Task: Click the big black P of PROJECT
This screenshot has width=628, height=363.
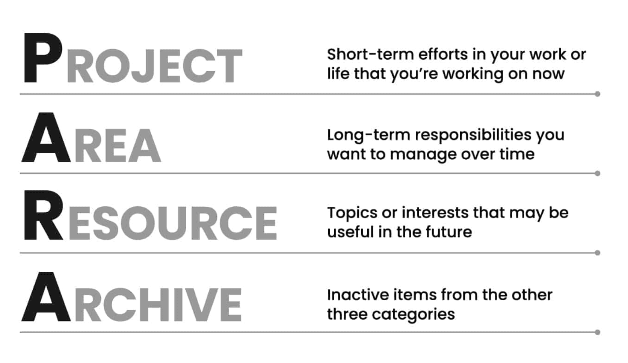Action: coord(42,57)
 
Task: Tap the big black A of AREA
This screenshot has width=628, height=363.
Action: coord(46,138)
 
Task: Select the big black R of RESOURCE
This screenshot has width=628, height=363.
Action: coord(44,215)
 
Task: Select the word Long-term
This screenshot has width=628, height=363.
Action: coord(368,135)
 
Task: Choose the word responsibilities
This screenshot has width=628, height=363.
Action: coord(473,135)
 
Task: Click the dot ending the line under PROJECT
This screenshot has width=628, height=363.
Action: coord(598,94)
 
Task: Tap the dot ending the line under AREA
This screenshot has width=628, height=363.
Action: coord(598,173)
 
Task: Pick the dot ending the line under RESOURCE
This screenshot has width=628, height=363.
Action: coord(598,253)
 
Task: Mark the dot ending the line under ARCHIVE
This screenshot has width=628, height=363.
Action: coord(598,332)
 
